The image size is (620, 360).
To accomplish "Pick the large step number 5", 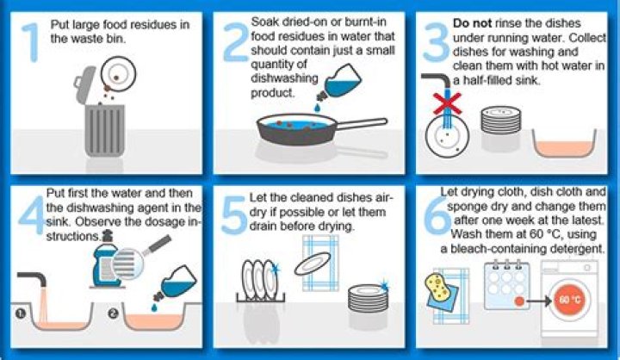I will [x=235, y=212].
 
